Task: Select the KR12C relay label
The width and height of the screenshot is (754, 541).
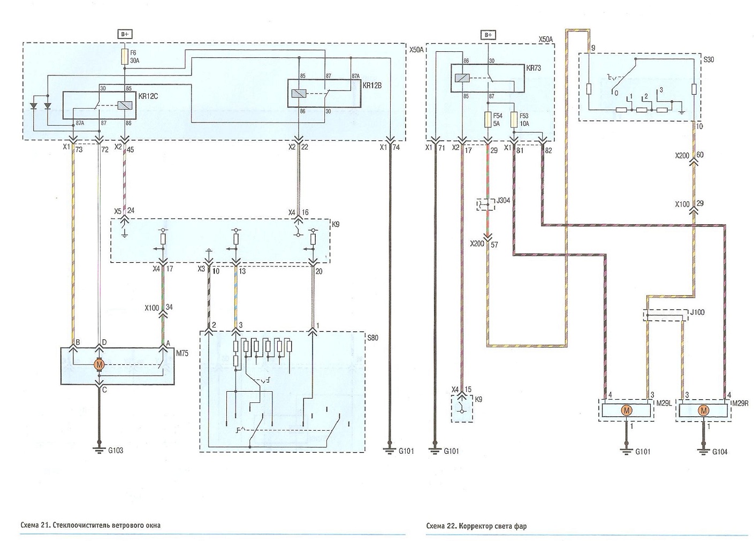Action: [148, 96]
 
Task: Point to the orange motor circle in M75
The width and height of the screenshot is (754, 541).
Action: [99, 364]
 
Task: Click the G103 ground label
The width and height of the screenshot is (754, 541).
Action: [116, 451]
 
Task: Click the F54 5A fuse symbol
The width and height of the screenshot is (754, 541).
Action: [488, 120]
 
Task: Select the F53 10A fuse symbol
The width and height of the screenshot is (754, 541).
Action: [514, 120]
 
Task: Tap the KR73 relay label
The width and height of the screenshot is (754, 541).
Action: [534, 68]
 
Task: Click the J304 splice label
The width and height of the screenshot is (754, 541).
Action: [503, 201]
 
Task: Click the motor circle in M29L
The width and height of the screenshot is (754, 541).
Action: [627, 411]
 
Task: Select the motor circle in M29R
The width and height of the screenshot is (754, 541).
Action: [703, 411]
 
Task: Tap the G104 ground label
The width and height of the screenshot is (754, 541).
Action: [720, 452]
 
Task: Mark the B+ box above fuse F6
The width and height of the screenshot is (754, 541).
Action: [125, 34]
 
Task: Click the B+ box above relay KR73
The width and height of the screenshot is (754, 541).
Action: [488, 35]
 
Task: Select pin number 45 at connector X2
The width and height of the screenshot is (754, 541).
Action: [130, 149]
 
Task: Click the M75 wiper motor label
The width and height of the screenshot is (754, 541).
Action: [182, 353]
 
